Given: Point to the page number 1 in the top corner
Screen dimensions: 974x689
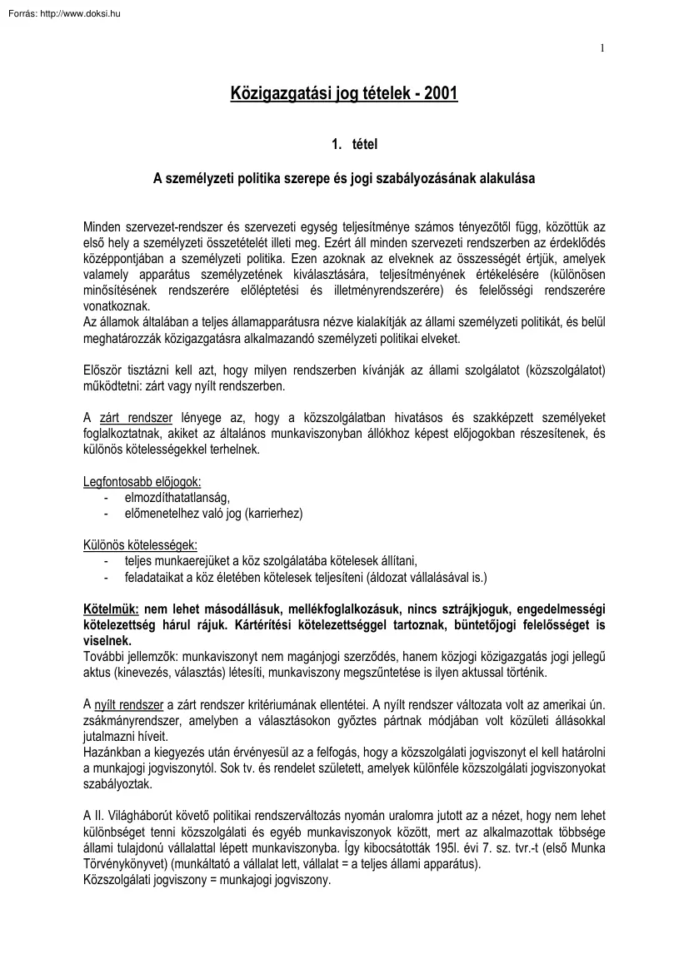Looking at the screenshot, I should (x=602, y=47).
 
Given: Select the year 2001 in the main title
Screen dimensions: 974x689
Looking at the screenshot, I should (x=440, y=95).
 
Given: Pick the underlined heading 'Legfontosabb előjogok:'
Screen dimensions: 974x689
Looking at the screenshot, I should (x=142, y=482).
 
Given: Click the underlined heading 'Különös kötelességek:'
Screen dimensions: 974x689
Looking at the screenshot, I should (x=140, y=545).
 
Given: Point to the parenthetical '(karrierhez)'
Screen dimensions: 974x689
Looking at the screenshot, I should (x=273, y=514).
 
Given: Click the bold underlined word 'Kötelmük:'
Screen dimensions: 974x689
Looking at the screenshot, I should (x=112, y=609).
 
